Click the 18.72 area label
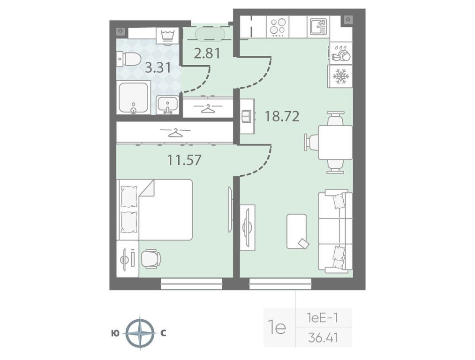pyautogui.click(x=282, y=116)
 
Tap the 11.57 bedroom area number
pyautogui.click(x=184, y=160)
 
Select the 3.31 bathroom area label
pyautogui.click(x=158, y=67)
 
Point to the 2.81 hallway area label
pyautogui.click(x=207, y=53)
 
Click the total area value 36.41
pyautogui.click(x=323, y=337)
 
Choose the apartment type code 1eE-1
pyautogui.click(x=322, y=318)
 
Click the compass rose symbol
pyautogui.click(x=140, y=333)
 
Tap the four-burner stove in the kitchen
pyautogui.click(x=278, y=27)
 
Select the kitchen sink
pyautogui.click(x=318, y=27)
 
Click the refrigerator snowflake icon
pyautogui.click(x=340, y=76)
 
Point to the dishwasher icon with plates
pyautogui.click(x=340, y=53)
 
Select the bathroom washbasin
pyautogui.click(x=167, y=105)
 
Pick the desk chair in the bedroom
pyautogui.click(x=151, y=259)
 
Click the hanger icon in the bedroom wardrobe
pyautogui.click(x=175, y=132)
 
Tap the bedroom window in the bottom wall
pyautogui.click(x=191, y=285)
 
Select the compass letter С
pyautogui.click(x=163, y=334)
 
